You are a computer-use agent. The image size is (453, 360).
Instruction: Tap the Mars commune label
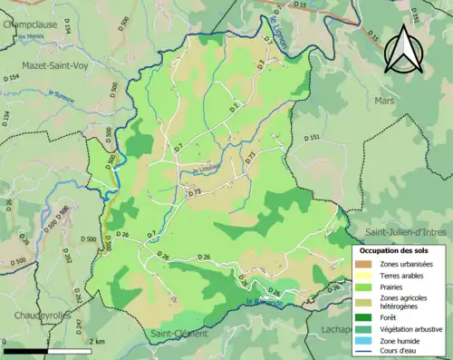[383, 101]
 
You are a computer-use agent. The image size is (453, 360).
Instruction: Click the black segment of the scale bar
[25, 350]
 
